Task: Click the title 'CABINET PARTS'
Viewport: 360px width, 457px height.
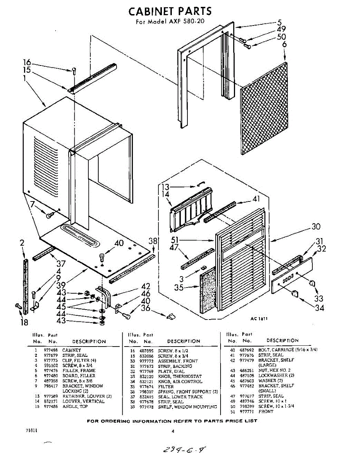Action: point(170,11)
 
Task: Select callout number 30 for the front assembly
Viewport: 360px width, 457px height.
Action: point(316,227)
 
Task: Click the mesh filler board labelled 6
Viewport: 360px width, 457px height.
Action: point(264,109)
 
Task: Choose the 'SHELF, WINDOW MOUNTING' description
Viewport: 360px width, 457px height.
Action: point(187,407)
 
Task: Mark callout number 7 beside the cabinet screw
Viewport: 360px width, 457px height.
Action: point(33,204)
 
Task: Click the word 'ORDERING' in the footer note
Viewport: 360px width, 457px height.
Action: point(125,421)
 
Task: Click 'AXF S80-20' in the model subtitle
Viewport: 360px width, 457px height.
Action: point(186,21)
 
